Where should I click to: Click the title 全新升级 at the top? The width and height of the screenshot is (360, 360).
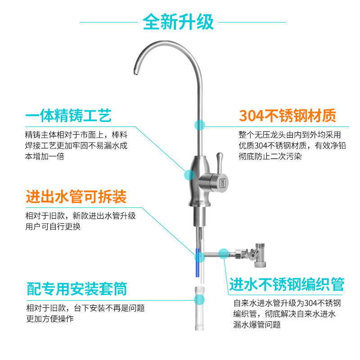click(x=178, y=22)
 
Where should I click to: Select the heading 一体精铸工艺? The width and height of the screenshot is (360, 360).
click(x=68, y=116)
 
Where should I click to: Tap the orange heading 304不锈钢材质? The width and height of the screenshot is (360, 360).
click(x=288, y=116)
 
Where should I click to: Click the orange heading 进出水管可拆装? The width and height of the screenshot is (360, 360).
click(x=76, y=197)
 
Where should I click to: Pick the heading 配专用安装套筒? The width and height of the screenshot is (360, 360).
click(x=76, y=289)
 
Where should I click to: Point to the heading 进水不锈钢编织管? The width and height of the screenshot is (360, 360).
click(x=287, y=284)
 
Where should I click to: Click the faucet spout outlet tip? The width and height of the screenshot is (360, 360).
click(x=136, y=72)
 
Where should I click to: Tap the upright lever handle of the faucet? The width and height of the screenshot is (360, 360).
click(x=220, y=162)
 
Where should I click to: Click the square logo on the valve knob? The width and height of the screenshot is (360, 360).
click(x=223, y=183)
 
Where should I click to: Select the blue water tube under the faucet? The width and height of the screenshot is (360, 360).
click(x=197, y=262)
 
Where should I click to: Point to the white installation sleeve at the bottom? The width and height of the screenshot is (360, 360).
click(x=199, y=308)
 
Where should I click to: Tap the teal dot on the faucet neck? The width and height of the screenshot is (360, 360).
click(x=200, y=125)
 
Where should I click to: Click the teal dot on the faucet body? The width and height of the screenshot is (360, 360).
click(x=189, y=175)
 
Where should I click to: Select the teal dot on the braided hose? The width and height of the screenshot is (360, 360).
click(x=223, y=254)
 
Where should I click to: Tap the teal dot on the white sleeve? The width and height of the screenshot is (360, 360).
click(x=199, y=300)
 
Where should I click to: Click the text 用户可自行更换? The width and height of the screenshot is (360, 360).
click(x=53, y=227)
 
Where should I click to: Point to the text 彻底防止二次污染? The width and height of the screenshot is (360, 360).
click(x=270, y=156)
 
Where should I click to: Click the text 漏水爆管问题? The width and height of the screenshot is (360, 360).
click(x=257, y=324)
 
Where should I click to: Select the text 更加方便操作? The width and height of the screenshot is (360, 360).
click(x=50, y=319)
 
